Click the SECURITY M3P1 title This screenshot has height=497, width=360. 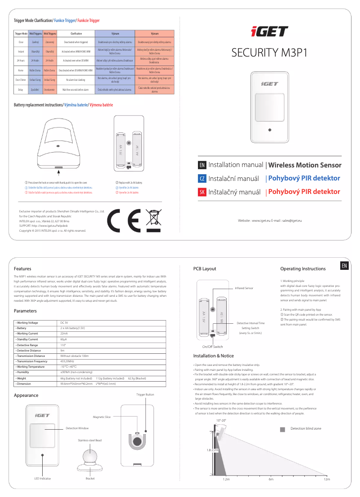click(x=269, y=53)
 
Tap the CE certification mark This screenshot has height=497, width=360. click(x=126, y=220)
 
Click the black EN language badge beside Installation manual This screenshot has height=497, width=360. click(x=202, y=165)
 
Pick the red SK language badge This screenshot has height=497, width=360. click(x=202, y=192)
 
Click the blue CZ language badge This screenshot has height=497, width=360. click(x=202, y=178)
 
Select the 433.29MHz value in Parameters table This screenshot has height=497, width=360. click(x=67, y=361)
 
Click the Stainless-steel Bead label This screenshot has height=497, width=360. click(x=90, y=440)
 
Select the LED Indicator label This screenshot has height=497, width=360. click(x=43, y=479)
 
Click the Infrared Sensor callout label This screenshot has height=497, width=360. click(x=244, y=288)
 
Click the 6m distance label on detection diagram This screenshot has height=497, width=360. click(x=271, y=479)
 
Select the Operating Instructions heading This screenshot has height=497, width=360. click(x=303, y=268)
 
